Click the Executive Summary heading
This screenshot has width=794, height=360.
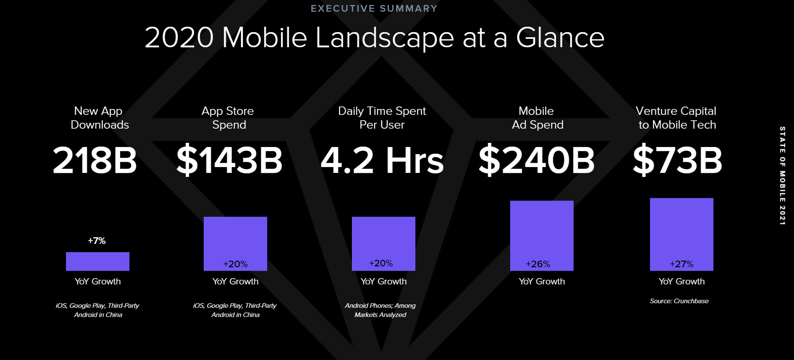(x=374, y=8)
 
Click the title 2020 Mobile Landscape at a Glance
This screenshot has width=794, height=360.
(x=374, y=38)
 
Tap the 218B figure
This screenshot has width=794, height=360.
(x=95, y=160)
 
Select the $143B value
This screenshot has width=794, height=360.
(x=229, y=160)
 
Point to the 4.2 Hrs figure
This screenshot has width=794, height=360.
(x=382, y=160)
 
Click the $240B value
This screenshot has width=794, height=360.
(x=536, y=160)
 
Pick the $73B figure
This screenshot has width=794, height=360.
(x=677, y=160)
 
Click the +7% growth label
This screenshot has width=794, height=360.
(x=97, y=241)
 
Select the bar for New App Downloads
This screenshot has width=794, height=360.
(x=98, y=261)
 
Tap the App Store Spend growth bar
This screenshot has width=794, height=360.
(x=235, y=244)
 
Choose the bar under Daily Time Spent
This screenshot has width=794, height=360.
(x=384, y=244)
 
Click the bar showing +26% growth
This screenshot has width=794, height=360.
(x=542, y=236)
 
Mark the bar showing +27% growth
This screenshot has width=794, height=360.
(x=682, y=234)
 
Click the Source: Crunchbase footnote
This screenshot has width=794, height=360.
(x=679, y=301)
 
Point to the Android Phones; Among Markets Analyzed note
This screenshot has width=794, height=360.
(x=380, y=310)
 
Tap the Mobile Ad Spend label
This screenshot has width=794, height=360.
(x=537, y=118)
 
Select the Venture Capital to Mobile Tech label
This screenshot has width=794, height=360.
(x=676, y=118)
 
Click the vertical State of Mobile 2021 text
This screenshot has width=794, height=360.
(x=783, y=176)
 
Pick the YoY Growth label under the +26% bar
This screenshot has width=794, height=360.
(x=542, y=281)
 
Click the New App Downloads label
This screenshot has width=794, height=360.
(x=99, y=118)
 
